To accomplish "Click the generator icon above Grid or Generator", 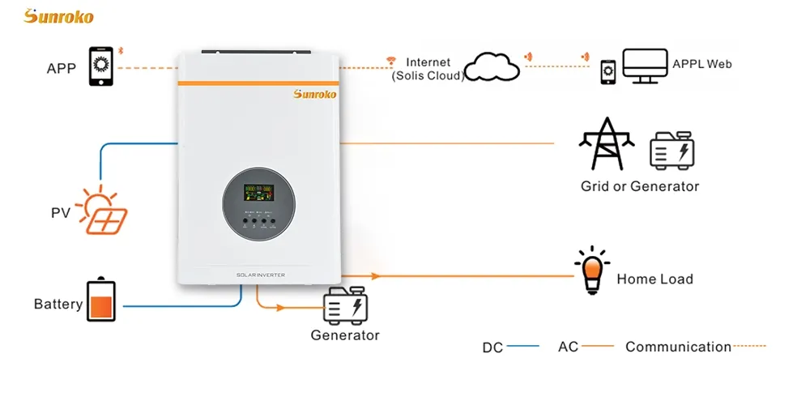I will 672,149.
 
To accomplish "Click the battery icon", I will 101,302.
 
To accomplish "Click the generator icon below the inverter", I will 346,306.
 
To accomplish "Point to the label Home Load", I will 654,279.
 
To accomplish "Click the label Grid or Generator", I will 639,186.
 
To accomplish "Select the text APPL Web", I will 701,63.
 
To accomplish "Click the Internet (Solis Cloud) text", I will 428,70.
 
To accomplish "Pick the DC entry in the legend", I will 493,347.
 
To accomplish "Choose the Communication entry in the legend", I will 678,347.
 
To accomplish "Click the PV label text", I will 61,214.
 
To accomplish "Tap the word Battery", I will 58,305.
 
